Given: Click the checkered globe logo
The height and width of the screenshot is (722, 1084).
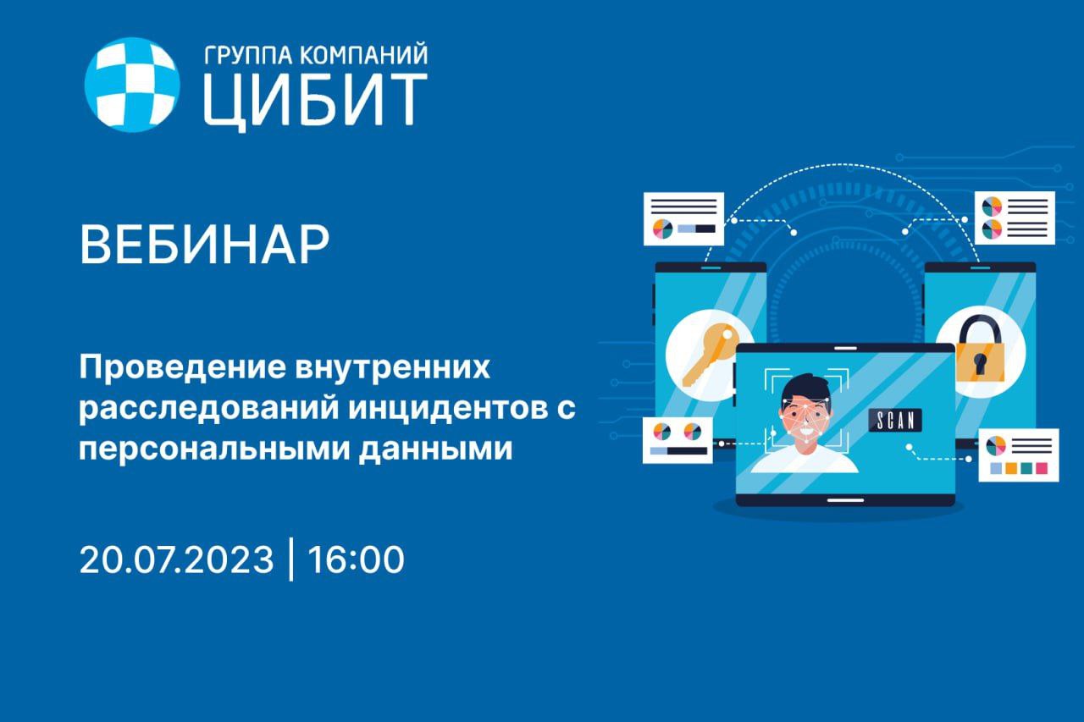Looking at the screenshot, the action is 132,85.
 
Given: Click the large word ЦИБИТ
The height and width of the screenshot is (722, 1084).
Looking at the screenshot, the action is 315,102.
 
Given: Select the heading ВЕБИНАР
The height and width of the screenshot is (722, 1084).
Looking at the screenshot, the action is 204,245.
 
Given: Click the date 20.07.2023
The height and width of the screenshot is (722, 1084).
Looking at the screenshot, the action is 177,559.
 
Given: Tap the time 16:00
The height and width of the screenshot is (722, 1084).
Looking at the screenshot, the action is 357,559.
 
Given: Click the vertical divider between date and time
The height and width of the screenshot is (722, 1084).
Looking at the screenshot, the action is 290,559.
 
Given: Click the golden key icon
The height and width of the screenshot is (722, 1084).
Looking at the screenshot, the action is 711,354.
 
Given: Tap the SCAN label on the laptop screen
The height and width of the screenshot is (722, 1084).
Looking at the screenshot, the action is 895,420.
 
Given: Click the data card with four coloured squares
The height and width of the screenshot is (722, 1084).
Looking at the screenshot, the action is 1019,455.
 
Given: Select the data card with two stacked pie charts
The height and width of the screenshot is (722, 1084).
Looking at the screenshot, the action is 1015,218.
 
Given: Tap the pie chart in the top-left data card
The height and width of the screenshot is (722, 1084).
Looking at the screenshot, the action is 662,229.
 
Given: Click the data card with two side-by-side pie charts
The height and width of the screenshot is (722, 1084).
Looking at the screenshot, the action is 677,440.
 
